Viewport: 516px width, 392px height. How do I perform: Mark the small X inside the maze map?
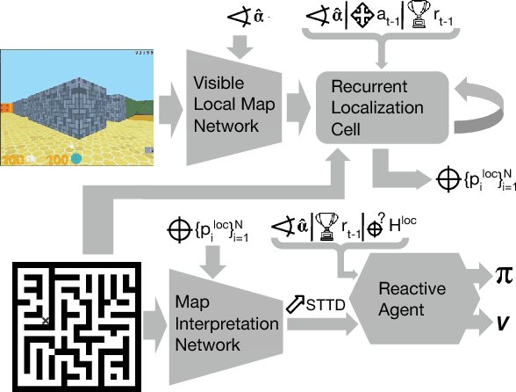pos(46,322)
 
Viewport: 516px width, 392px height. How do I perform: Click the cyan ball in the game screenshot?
pos(76,159)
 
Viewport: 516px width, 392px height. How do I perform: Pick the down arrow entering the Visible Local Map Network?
pos(237,41)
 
